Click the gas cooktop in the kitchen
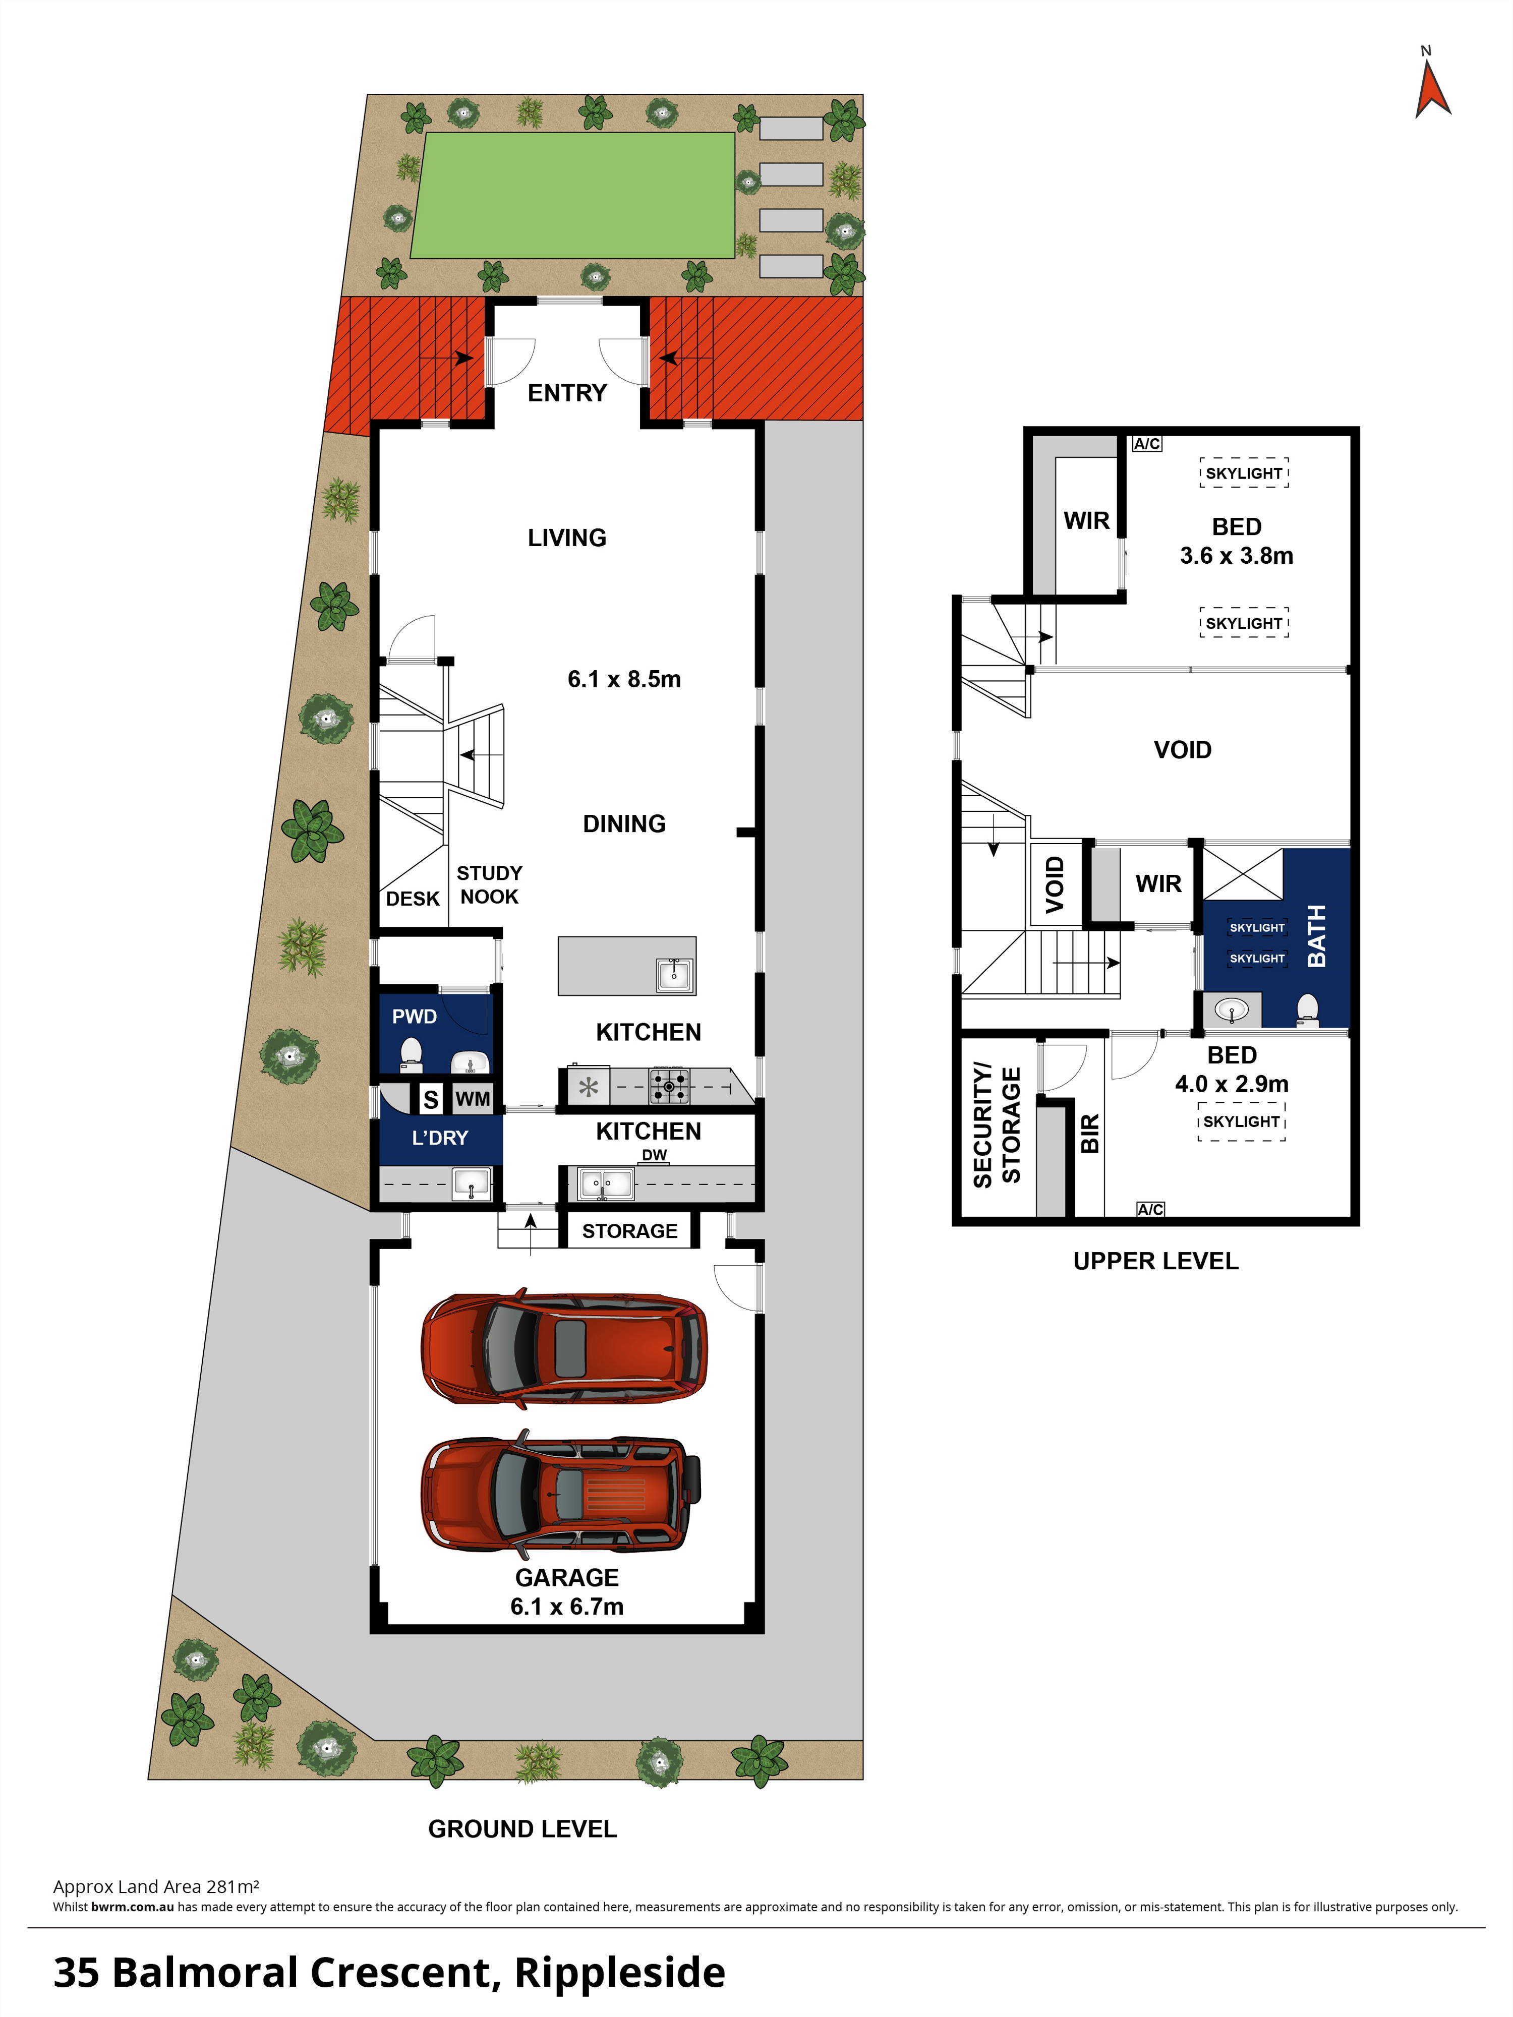(x=669, y=1086)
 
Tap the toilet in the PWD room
(x=412, y=1054)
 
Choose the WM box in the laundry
(x=473, y=1099)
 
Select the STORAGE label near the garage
(x=629, y=1231)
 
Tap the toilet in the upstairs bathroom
(x=1308, y=1011)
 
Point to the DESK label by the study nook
(x=412, y=899)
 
